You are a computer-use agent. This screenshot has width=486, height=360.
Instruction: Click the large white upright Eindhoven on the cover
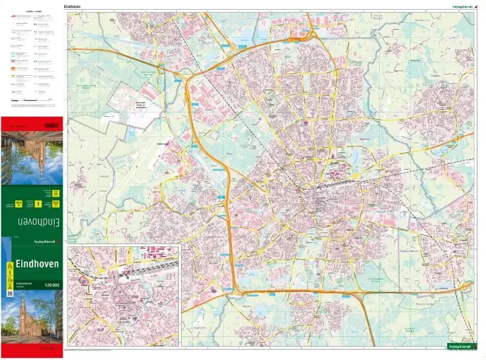(33, 263)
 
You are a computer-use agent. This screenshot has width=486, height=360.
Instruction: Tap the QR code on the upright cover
(10, 292)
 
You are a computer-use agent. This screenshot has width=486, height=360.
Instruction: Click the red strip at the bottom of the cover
(33, 347)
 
